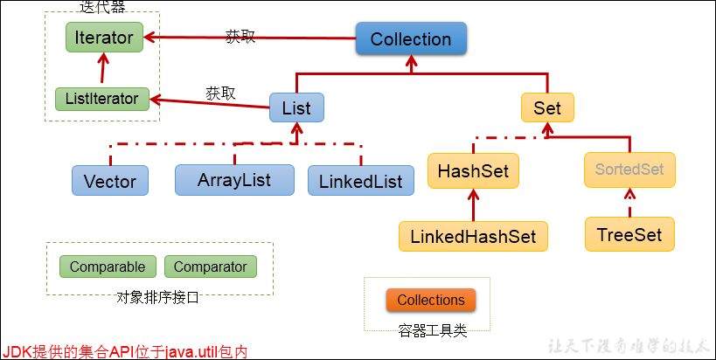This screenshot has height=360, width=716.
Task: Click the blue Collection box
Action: point(411,39)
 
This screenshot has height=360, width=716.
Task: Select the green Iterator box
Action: point(104,38)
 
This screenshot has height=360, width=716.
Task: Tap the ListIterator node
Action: point(101,99)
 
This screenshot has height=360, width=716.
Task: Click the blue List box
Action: point(296,107)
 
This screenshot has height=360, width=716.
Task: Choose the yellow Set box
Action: point(547,107)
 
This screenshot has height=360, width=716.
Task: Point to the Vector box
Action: point(110,182)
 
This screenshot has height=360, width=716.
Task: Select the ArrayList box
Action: point(233,180)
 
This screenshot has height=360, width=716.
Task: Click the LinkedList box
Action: point(360,182)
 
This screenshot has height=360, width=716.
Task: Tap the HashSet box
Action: point(473,170)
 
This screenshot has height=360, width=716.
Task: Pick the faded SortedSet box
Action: point(629,170)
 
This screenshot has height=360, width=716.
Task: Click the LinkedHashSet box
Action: point(473,236)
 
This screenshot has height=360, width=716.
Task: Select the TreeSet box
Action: point(629,235)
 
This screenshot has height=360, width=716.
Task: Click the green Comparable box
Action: point(108,267)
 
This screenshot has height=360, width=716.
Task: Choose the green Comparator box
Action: point(211,267)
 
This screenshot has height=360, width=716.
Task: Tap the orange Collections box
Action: point(431,301)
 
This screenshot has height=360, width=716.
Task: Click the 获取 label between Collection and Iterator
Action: point(240,37)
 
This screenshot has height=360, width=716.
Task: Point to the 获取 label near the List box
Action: point(220,93)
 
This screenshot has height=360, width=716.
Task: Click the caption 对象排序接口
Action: point(157,297)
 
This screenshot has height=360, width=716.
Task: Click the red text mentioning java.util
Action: point(125,351)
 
